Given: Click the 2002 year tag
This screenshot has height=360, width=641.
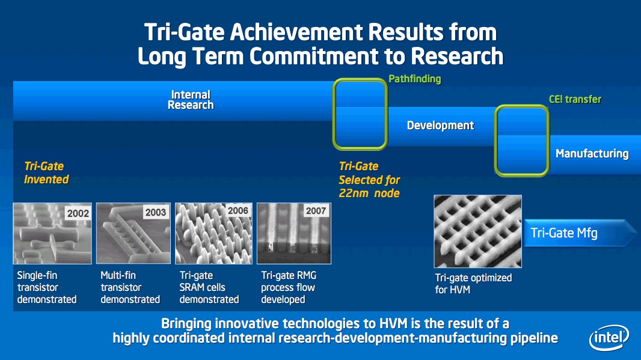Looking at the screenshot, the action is click(78, 213).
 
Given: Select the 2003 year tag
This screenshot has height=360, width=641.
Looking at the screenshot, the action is click(156, 213).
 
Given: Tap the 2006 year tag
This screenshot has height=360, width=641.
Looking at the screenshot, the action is click(238, 210).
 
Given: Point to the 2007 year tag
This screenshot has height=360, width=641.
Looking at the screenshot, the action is click(316, 211).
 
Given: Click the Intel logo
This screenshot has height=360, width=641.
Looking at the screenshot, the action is click(609, 338).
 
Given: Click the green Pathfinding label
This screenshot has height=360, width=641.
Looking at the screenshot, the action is click(414, 79).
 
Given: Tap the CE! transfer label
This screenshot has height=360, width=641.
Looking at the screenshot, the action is click(575, 99).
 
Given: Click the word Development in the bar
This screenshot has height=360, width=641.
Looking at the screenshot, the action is click(440, 126).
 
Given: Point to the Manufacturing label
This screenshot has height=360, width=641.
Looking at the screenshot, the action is click(592, 154).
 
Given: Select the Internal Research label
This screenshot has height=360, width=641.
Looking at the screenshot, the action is click(191, 100).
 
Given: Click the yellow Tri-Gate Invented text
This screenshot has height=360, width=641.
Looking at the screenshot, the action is click(46, 172).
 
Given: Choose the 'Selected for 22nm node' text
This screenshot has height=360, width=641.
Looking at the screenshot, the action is click(369, 186).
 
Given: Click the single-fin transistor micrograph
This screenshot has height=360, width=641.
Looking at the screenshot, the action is click(52, 233).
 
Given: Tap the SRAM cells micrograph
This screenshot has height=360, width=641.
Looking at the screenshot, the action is click(213, 233).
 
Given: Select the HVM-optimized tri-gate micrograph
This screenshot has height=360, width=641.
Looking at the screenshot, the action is click(477, 231).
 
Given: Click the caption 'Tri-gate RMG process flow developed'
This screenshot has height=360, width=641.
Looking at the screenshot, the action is click(289, 287).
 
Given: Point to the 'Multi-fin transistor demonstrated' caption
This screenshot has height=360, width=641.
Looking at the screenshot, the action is click(130, 287).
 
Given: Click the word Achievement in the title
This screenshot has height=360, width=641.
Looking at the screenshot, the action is click(296, 32).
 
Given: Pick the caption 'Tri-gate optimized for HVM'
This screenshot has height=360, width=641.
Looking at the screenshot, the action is click(473, 284).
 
